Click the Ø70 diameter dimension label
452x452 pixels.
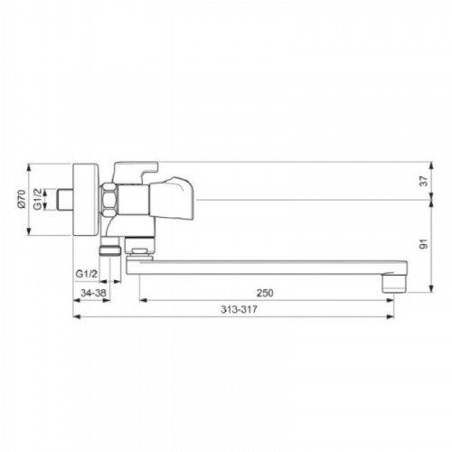coord(21,199)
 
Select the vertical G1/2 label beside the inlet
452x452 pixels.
coord(37,199)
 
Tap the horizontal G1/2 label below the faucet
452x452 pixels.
coord(87,274)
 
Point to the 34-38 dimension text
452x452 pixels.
coord(93,293)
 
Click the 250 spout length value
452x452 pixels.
coord(265,293)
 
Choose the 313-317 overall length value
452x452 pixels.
coord(239,309)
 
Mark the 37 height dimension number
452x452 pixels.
coord(424,181)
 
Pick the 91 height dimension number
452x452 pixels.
coord(424,244)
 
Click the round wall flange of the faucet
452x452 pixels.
coord(86,200)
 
